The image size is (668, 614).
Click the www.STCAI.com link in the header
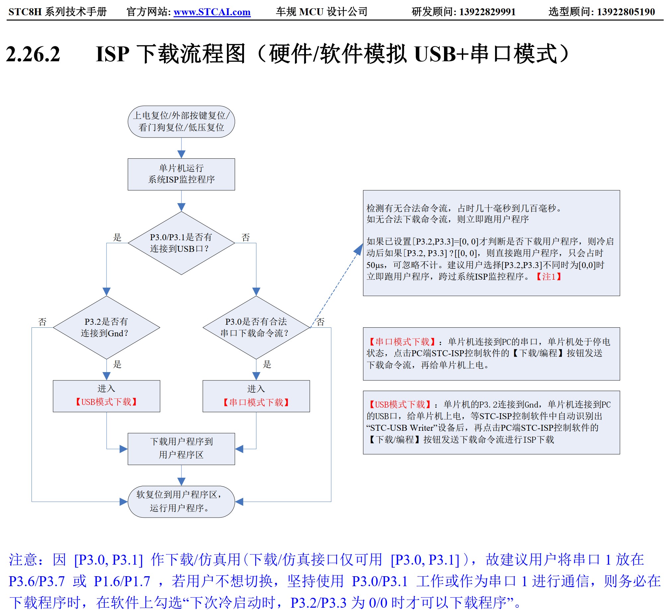click(x=212, y=12)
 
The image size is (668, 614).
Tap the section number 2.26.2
click(x=33, y=54)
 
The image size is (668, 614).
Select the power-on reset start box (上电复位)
click(x=181, y=122)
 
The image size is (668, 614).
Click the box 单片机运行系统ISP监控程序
click(x=181, y=174)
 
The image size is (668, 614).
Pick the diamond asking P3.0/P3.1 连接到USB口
click(x=181, y=243)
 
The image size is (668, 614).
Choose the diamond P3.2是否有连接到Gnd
click(x=107, y=328)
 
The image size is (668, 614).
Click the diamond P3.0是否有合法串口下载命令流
click(x=256, y=328)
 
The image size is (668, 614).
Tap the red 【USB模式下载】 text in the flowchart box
click(x=107, y=402)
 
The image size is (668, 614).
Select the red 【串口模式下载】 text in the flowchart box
click(x=256, y=403)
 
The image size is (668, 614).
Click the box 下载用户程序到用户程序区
click(x=181, y=449)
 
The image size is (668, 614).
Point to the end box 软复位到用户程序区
click(x=181, y=502)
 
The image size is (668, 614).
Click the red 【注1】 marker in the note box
click(x=549, y=277)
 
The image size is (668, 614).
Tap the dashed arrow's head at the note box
click(x=359, y=249)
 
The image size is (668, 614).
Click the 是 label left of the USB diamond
click(x=117, y=237)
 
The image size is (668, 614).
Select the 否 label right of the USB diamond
click(x=246, y=237)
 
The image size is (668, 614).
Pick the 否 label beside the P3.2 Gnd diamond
click(x=42, y=322)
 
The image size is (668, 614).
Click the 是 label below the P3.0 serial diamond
click(x=267, y=364)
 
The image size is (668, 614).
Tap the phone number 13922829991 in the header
click(x=487, y=12)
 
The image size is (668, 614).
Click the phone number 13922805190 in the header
click(x=626, y=12)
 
